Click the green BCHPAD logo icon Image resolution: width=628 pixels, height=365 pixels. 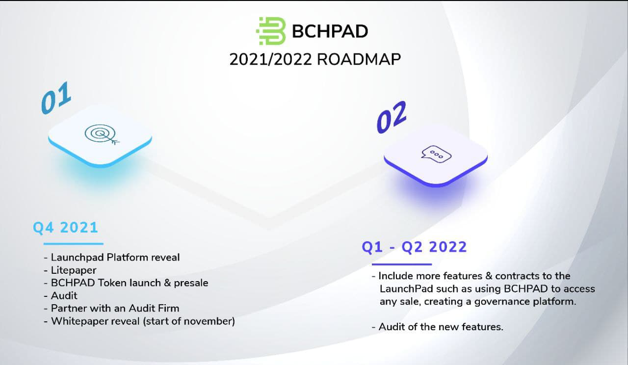click(x=271, y=31)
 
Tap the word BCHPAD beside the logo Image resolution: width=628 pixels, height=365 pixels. click(x=330, y=31)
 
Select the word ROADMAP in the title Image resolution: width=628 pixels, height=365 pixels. click(x=359, y=59)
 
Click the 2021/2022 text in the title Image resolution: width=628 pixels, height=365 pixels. click(x=270, y=59)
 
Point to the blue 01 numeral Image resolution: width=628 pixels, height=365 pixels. click(x=56, y=98)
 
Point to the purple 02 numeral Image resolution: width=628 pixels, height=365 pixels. click(x=392, y=117)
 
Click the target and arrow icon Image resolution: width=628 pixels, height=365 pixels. click(x=102, y=134)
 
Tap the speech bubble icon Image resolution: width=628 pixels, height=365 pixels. click(x=436, y=154)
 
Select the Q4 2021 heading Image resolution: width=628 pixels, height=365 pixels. click(x=65, y=227)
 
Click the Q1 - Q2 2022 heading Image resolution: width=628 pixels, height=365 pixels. click(x=414, y=247)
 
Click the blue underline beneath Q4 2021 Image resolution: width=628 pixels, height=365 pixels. click(x=74, y=244)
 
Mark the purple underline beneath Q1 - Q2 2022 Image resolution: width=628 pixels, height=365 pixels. click(x=402, y=264)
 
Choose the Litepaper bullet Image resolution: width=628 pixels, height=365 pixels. click(x=74, y=270)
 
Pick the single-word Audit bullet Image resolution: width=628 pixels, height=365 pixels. click(x=64, y=296)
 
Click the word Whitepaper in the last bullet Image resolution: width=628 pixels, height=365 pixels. click(x=95, y=321)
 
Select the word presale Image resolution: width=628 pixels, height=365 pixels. click(x=191, y=283)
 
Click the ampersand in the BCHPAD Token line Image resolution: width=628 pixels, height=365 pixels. click(x=167, y=283)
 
